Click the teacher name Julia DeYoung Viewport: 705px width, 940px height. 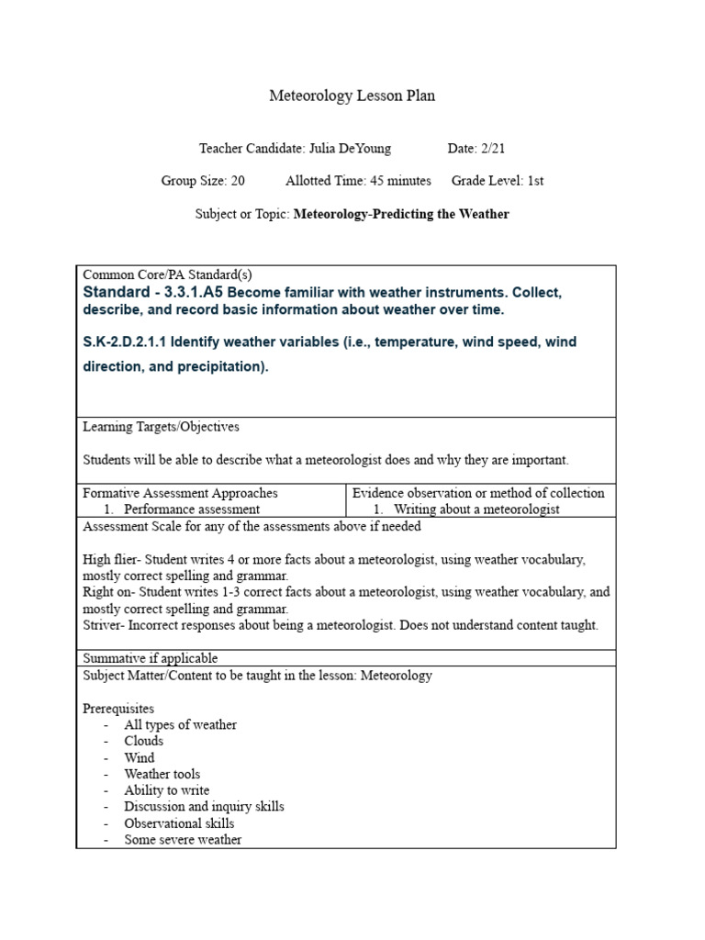[357, 148]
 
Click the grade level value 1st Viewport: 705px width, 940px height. [535, 181]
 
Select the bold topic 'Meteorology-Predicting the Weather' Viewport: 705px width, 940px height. [401, 214]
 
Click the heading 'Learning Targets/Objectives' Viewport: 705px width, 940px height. [161, 427]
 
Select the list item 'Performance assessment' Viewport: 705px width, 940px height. [192, 509]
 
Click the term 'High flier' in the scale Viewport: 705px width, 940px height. [107, 559]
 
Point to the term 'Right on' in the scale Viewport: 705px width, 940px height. [104, 592]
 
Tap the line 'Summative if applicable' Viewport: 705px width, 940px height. [151, 658]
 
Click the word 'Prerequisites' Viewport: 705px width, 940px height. [118, 709]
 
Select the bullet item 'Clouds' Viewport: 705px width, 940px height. [144, 741]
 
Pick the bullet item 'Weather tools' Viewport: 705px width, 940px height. [162, 774]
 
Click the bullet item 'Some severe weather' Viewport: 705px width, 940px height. [184, 840]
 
